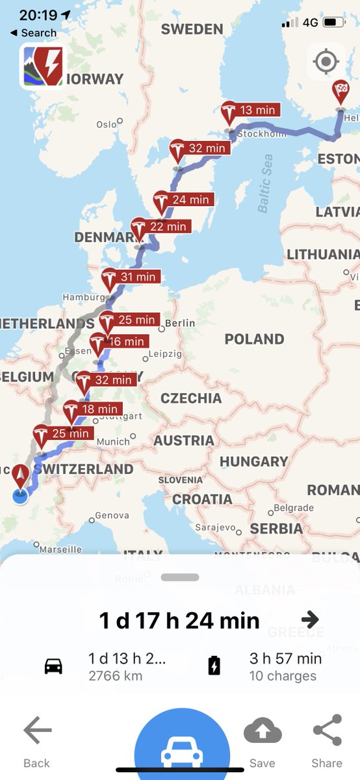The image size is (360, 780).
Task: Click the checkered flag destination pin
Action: point(341,92)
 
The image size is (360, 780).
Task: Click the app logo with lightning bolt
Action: point(42,66)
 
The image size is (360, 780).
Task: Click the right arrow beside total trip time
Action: point(310,619)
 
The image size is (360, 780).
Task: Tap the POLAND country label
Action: point(254,339)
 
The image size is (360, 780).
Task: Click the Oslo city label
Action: point(106,124)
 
